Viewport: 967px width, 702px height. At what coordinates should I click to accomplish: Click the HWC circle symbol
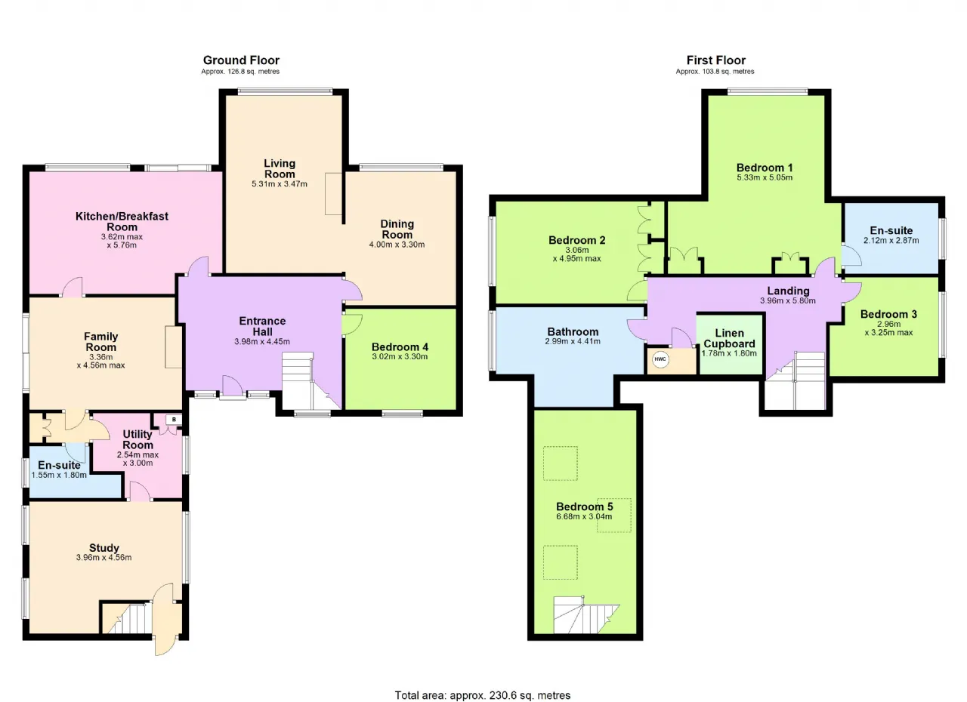pyautogui.click(x=660, y=359)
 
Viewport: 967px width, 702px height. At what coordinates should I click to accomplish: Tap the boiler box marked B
pyautogui.click(x=174, y=419)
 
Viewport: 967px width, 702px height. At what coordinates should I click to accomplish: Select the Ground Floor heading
pyautogui.click(x=241, y=60)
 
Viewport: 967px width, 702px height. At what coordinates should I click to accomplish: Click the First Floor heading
pyautogui.click(x=715, y=60)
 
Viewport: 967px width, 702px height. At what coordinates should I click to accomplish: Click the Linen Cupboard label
pyautogui.click(x=729, y=338)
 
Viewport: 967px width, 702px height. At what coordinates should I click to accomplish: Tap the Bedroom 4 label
pyautogui.click(x=400, y=347)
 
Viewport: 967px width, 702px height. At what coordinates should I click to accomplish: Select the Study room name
pyautogui.click(x=104, y=548)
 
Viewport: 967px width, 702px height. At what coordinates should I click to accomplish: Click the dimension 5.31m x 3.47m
pyautogui.click(x=280, y=184)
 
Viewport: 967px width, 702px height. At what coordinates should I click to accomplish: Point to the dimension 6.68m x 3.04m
pyautogui.click(x=584, y=516)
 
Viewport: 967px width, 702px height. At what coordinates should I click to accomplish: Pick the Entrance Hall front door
pyautogui.click(x=233, y=386)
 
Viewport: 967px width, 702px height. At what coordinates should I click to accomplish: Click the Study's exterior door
pyautogui.click(x=165, y=619)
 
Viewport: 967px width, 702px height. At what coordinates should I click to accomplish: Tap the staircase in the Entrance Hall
pyautogui.click(x=310, y=380)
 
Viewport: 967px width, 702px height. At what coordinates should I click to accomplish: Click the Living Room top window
pyautogui.click(x=285, y=91)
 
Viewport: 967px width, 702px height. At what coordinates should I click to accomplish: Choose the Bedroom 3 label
pyautogui.click(x=888, y=314)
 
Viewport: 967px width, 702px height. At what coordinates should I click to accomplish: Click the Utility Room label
pyautogui.click(x=137, y=440)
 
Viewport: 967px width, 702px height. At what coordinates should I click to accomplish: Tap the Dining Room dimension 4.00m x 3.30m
pyautogui.click(x=397, y=245)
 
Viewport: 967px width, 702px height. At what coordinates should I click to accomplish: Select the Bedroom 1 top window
pyautogui.click(x=767, y=91)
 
